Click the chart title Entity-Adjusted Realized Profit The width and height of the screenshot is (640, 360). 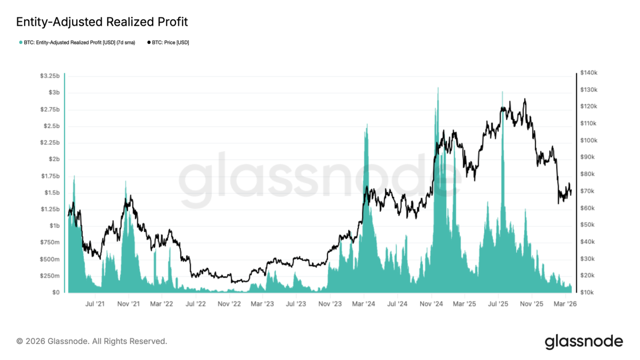(102, 21)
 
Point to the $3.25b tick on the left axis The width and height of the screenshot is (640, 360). (50, 76)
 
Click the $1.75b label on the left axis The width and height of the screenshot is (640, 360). (50, 176)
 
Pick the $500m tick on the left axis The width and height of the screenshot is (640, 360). (50, 259)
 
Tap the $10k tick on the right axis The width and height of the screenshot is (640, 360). (588, 292)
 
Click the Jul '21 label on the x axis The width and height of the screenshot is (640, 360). (95, 304)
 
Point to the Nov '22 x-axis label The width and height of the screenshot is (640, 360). (230, 304)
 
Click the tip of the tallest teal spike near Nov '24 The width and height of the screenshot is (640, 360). (438, 88)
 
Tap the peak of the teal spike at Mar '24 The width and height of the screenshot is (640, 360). (367, 124)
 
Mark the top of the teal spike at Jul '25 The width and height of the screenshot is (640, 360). (502, 92)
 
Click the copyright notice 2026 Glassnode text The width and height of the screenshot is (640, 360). (92, 341)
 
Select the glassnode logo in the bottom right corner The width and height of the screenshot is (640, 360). (584, 341)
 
